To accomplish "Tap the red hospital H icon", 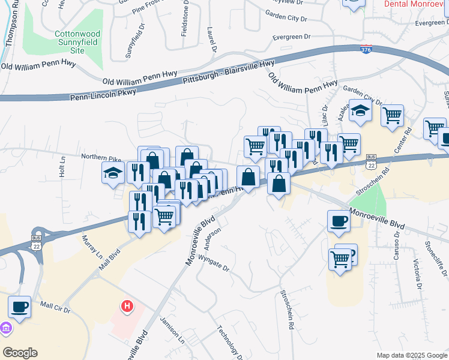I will (127, 307).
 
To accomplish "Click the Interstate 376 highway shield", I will (366, 49).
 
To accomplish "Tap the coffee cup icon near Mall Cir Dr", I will (19, 307).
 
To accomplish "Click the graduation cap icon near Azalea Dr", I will (360, 112).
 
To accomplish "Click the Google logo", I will (20, 353).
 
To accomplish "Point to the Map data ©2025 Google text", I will (412, 355).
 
